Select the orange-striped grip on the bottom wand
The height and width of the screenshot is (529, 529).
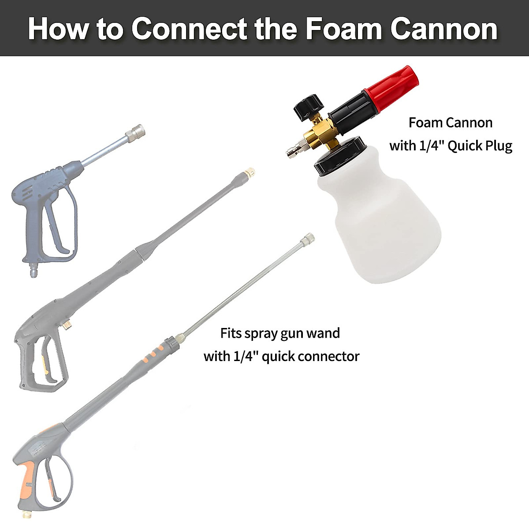[154, 350]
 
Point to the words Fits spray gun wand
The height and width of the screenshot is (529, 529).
[280, 333]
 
